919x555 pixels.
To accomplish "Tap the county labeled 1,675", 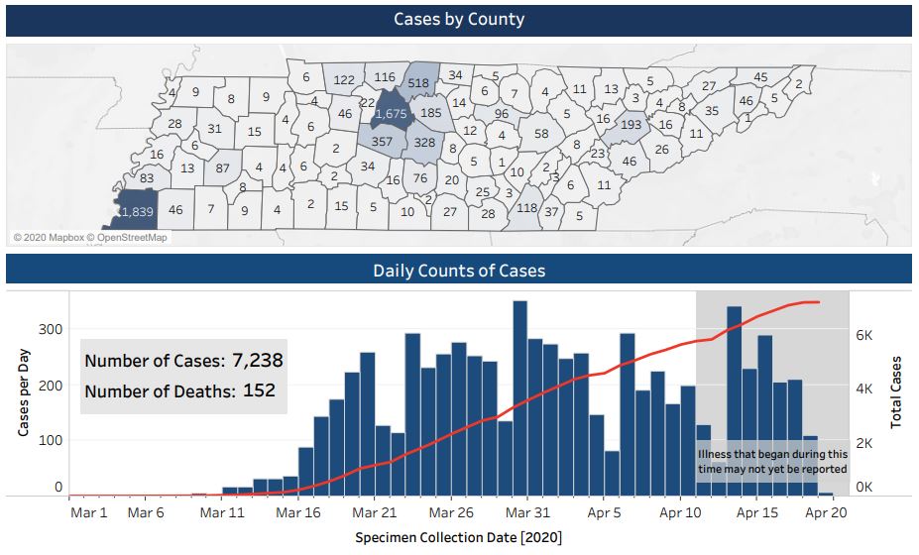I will pyautogui.click(x=391, y=115).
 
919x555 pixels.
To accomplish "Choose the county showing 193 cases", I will pyautogui.click(x=631, y=126).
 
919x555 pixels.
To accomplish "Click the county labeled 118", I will pyautogui.click(x=526, y=207).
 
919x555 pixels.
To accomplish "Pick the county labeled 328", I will pyautogui.click(x=424, y=143).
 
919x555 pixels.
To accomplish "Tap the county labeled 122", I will pyautogui.click(x=344, y=80).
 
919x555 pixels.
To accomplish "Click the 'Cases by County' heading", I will pyautogui.click(x=459, y=20).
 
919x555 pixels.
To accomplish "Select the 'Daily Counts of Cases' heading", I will pyautogui.click(x=459, y=270).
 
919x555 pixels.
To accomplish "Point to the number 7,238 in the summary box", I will pyautogui.click(x=265, y=360).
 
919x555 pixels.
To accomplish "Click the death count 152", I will pyautogui.click(x=259, y=390).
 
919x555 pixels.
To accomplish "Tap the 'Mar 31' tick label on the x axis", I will pyautogui.click(x=527, y=512).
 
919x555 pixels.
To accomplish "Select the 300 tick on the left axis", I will pyautogui.click(x=52, y=330).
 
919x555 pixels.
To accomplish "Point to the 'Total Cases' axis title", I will pyautogui.click(x=897, y=390).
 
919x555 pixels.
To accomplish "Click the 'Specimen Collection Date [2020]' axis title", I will pyautogui.click(x=459, y=536).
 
